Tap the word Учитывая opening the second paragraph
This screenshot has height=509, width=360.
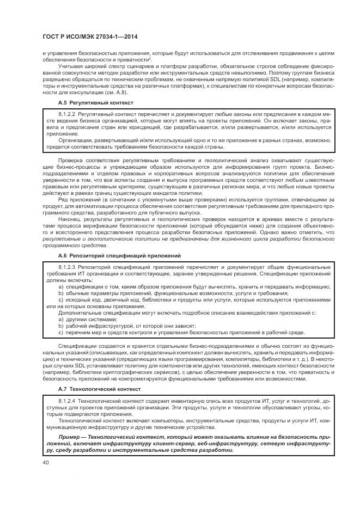pos(71,65)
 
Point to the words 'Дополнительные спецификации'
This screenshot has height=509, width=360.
pos(94,314)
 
